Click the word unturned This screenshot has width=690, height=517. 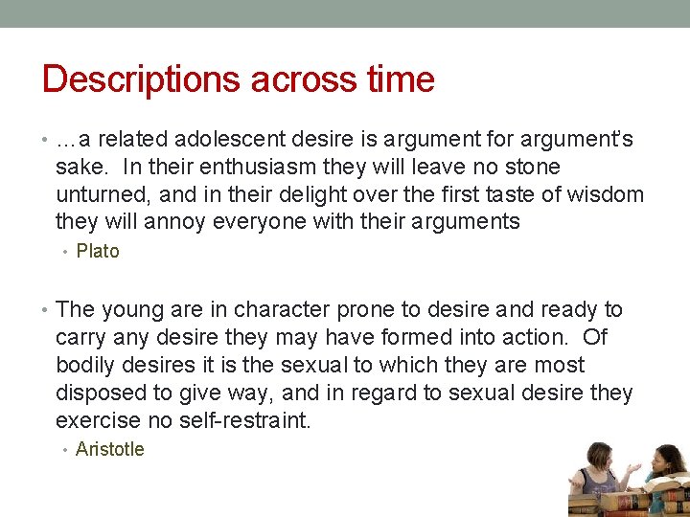[x=98, y=195]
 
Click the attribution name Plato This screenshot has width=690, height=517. [x=98, y=252]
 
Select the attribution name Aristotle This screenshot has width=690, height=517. [x=109, y=449]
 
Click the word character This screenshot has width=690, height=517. [x=279, y=310]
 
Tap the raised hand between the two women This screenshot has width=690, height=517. [x=633, y=468]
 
